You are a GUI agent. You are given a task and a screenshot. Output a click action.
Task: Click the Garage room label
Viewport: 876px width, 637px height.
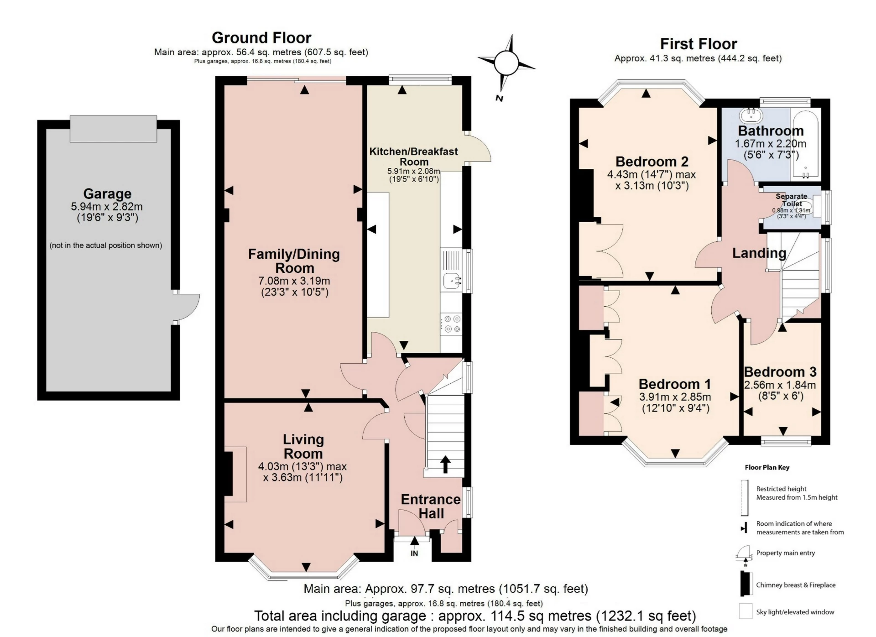click(x=107, y=194)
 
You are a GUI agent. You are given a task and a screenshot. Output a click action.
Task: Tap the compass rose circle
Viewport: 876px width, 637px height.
click(x=506, y=63)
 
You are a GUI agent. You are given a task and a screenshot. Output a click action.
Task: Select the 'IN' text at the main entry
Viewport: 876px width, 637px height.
click(x=414, y=553)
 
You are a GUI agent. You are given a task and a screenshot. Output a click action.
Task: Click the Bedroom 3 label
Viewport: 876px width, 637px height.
click(x=780, y=372)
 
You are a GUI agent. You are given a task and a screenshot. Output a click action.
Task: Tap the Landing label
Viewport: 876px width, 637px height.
click(x=759, y=253)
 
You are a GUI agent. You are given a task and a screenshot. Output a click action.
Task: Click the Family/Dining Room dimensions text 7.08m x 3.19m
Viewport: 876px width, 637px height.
click(x=294, y=281)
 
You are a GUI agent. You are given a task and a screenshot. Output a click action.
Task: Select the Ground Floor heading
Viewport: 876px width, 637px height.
click(x=261, y=37)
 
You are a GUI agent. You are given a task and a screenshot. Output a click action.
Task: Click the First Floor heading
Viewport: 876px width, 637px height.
click(x=699, y=44)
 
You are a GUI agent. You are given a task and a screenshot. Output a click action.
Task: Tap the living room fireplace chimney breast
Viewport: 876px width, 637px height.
click(x=229, y=473)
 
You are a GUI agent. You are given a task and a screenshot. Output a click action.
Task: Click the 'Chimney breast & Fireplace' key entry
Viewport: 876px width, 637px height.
click(x=795, y=585)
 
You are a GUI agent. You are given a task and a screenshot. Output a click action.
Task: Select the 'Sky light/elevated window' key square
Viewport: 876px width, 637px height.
click(x=746, y=611)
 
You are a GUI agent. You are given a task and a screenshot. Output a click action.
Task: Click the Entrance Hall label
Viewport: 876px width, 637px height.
click(x=431, y=506)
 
